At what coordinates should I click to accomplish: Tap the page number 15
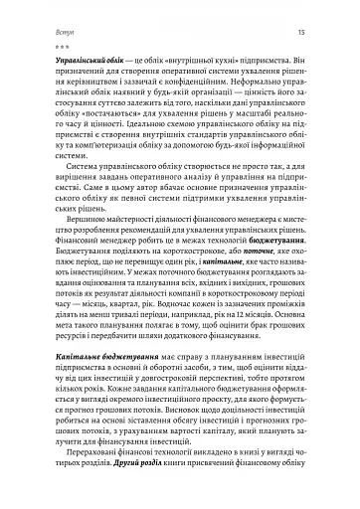(x=301, y=36)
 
